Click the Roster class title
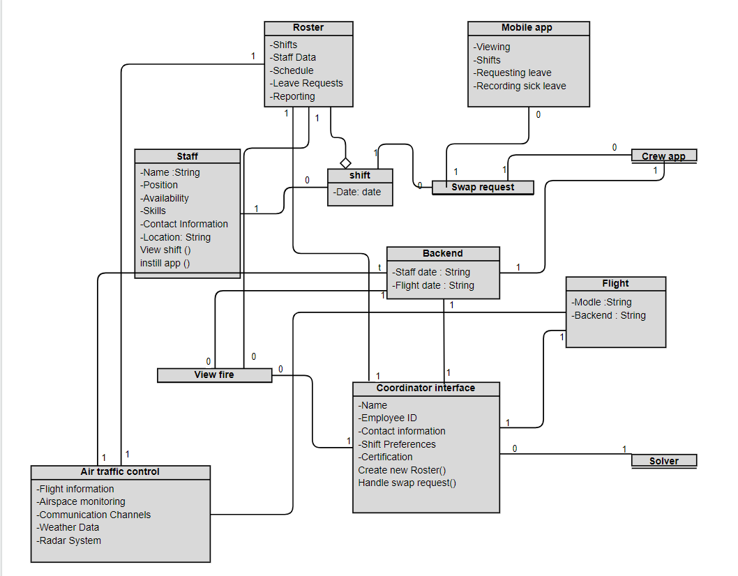pos(308,28)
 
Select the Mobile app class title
pos(527,28)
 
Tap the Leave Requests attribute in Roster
pos(308,83)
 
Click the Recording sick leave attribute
pos(520,86)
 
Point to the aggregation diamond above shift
pos(345,162)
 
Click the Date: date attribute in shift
pos(357,192)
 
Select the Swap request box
pos(483,187)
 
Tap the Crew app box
pos(663,156)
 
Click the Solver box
pos(663,461)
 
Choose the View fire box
pos(214,375)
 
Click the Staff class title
pos(187,156)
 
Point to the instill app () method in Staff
pos(165,263)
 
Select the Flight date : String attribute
pos(433,285)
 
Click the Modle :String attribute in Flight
pos(601,302)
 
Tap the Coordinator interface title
pos(426,388)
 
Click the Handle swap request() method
pos(407,483)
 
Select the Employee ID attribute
pos(388,418)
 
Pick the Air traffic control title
pos(120,472)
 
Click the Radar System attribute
pos(69,540)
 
